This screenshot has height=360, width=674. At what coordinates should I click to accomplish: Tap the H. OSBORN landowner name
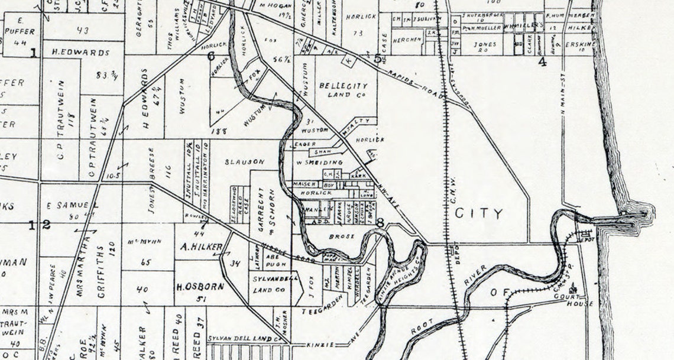click(200, 287)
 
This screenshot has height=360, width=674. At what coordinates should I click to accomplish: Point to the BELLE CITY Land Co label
click(343, 90)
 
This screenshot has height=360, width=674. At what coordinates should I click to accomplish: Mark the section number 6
click(210, 57)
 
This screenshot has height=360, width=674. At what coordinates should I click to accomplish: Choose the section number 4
click(542, 61)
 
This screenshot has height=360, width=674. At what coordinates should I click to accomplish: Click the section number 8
click(380, 223)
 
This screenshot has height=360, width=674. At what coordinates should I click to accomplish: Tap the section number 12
click(40, 224)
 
